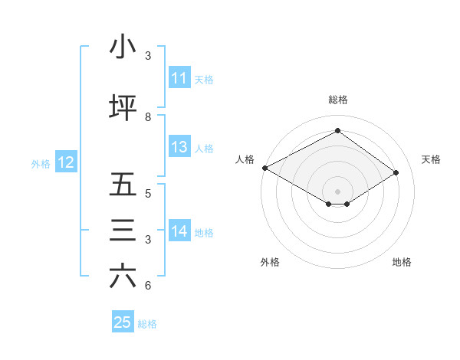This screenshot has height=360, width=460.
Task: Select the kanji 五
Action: point(123,185)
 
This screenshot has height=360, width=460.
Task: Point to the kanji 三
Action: point(123,231)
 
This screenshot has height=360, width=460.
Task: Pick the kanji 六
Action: point(123,277)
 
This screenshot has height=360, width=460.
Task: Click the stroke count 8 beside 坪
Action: point(148,116)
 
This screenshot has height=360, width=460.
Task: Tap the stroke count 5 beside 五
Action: point(148,193)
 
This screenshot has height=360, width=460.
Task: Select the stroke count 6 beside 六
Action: point(148,286)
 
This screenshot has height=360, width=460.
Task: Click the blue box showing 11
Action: point(179,78)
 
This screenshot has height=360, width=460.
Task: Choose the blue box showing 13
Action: point(179,147)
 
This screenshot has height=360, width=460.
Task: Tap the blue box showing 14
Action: point(179,231)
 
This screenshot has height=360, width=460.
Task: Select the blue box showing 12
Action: point(66,162)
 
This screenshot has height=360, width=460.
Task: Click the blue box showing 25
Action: point(123,322)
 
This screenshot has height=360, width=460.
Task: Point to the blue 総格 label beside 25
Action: point(147,323)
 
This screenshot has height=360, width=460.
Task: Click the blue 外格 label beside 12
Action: point(41,163)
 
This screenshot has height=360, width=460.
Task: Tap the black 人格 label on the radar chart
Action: point(245,159)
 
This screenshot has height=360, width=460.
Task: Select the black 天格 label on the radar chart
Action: point(432,159)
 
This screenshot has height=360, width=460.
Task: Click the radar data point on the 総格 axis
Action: point(337,130)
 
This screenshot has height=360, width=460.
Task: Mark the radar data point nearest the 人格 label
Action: point(264,168)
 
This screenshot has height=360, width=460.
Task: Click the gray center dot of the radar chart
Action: point(337,191)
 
